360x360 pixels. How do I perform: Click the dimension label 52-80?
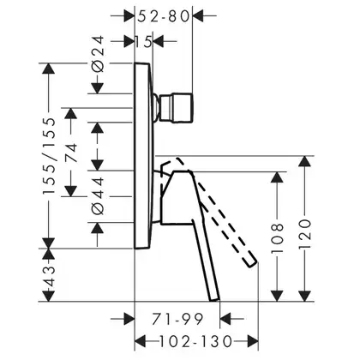pos(164,16)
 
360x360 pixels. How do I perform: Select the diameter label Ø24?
pos(99,54)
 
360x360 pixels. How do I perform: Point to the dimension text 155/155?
pos(49,156)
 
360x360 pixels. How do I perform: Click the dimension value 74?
pos(71,153)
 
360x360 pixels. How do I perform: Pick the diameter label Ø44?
pos(98,196)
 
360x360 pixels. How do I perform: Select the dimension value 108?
pos(277,238)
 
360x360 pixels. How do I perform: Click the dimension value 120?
pos(304,234)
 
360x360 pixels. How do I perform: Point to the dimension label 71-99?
pos(177,319)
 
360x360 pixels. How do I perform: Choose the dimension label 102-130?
pos(195,341)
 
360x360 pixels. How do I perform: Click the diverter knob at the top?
pos(176,108)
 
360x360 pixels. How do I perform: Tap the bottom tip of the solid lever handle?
pos(214,301)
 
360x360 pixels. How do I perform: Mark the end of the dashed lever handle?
pos(252,262)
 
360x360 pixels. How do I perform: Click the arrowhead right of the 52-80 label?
pos(197,15)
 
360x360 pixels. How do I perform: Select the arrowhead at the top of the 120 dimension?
pos(304,161)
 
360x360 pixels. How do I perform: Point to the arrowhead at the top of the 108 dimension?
pos(277,177)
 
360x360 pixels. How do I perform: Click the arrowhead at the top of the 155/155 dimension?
pos(49,69)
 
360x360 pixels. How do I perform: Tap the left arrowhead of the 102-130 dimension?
pos(140,341)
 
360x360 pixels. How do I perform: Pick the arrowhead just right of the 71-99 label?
pos(225,318)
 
